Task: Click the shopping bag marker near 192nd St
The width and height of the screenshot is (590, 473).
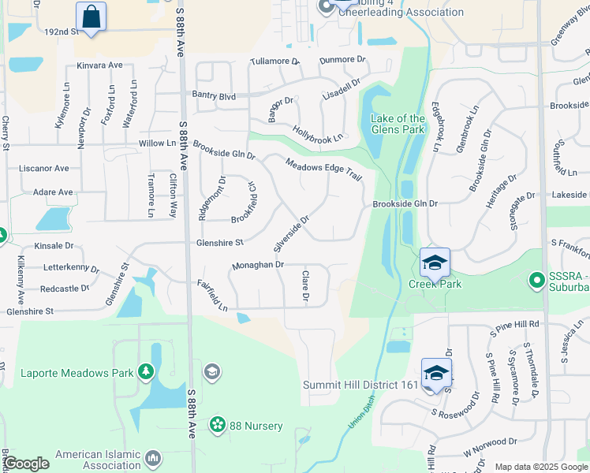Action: [x=91, y=17]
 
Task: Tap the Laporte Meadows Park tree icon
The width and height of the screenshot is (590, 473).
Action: [x=145, y=371]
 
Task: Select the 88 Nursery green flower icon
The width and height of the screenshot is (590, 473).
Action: [x=217, y=426]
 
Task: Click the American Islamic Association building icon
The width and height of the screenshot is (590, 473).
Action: [x=154, y=458]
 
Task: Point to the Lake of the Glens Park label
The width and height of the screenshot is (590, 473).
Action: [x=398, y=124]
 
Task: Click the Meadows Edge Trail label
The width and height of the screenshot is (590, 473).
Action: [x=323, y=169]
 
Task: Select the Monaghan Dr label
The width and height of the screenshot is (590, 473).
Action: [x=257, y=266]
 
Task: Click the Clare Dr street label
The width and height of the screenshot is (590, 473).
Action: [x=304, y=285]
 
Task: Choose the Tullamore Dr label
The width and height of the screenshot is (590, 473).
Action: [x=274, y=61]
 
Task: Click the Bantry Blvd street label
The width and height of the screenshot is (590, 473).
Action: [x=214, y=96]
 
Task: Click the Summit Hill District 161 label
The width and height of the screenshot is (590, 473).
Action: [x=360, y=385]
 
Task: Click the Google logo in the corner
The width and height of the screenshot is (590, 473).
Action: [x=27, y=464]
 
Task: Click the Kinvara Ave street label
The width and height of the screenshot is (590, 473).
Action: [x=100, y=65]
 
